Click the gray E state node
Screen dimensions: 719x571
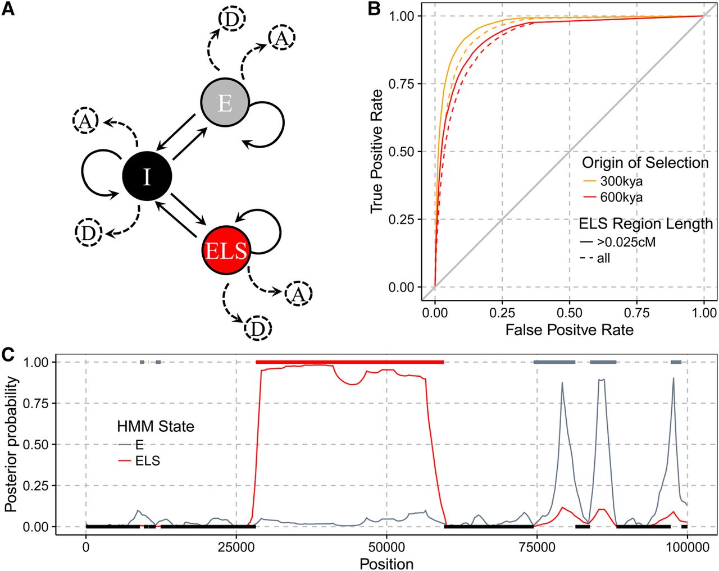pos(225,103)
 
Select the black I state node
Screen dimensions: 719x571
pos(147,176)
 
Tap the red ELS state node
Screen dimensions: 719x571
pos(226,251)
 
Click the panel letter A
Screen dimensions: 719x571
pos(8,10)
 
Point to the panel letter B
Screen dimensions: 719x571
pos(374,10)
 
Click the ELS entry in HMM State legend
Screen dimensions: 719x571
pos(139,461)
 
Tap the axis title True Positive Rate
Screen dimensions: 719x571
pos(376,151)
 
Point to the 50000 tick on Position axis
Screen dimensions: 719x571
pos(386,547)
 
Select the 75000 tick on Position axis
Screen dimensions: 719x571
pos(536,547)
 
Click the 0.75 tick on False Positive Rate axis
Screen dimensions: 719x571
pos(636,313)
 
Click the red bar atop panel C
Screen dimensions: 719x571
pos(350,362)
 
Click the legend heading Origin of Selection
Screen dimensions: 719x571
pos(645,163)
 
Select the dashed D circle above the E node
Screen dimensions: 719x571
pos(231,19)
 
